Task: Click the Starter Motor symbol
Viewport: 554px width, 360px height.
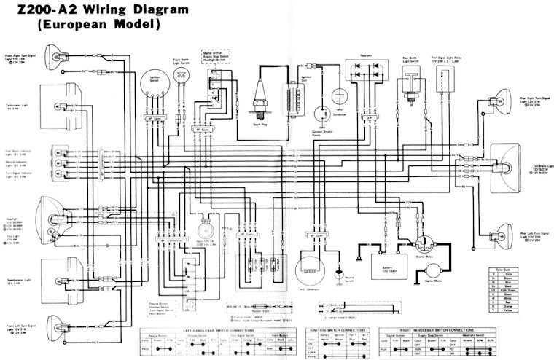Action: [x=429, y=273]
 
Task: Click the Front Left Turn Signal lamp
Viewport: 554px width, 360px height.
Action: [x=55, y=321]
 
